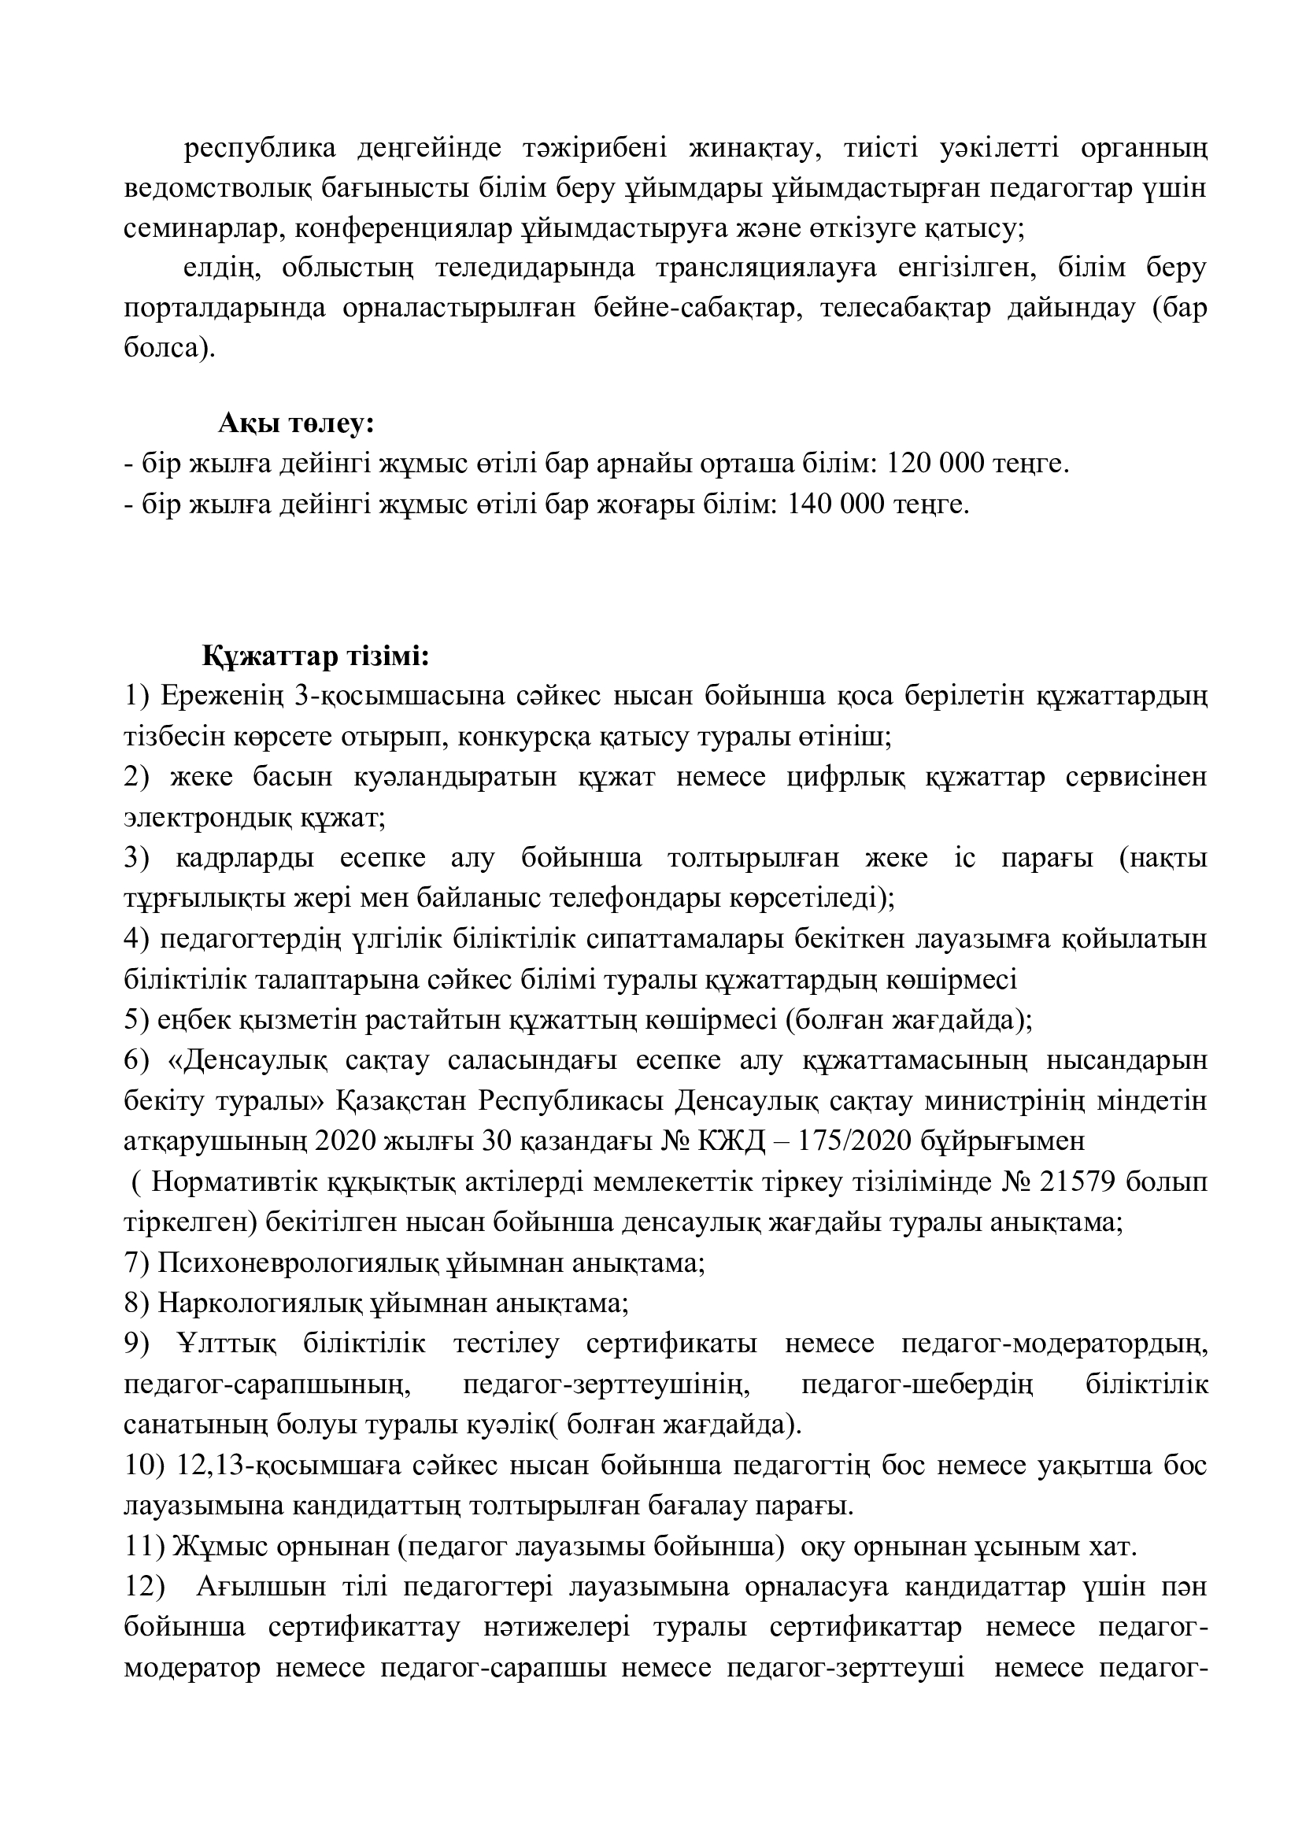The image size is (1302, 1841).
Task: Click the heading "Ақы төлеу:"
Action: (296, 423)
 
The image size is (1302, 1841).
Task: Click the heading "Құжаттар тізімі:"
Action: (316, 656)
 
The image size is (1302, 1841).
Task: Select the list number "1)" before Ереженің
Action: (137, 697)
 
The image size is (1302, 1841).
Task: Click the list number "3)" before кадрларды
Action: (137, 858)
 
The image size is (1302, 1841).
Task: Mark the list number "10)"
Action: (144, 1466)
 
